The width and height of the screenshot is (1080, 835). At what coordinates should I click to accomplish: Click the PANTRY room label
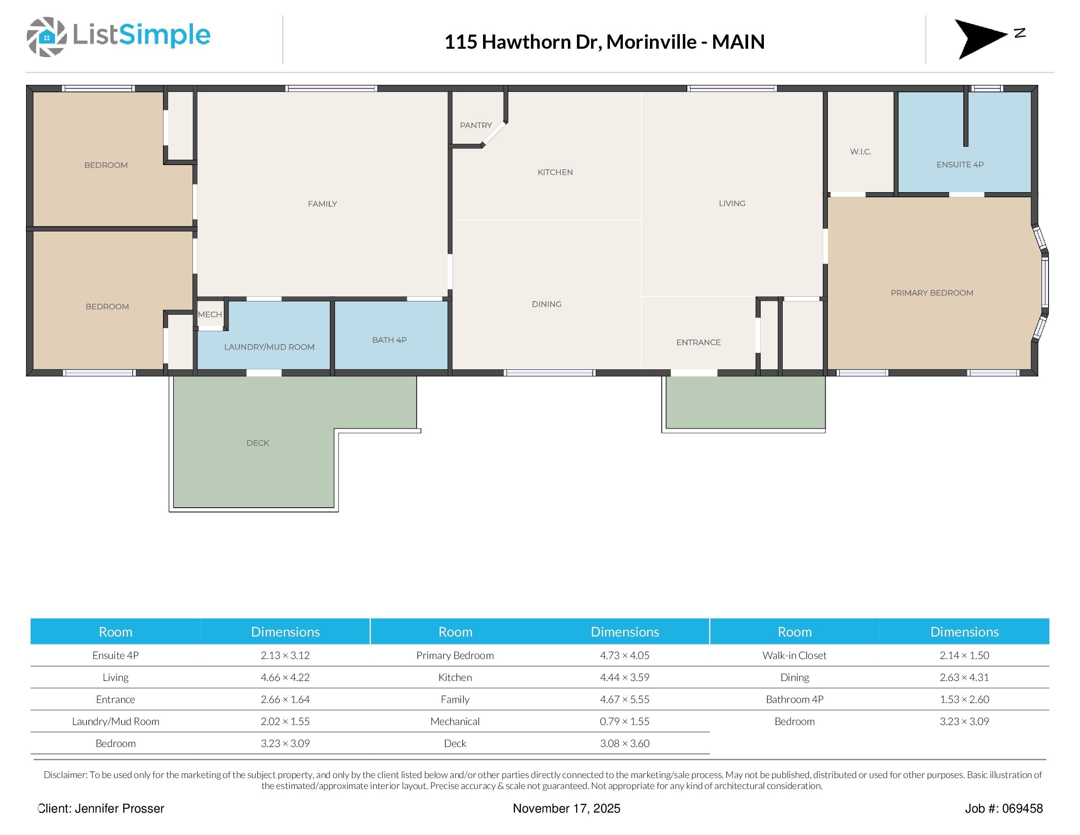point(476,125)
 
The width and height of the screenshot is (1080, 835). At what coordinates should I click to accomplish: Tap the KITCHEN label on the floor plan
point(555,172)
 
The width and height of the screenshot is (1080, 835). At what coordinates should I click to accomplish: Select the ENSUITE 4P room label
point(960,164)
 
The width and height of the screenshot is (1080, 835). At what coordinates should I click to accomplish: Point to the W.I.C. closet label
point(860,151)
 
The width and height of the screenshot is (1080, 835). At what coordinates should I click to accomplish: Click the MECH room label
point(210,314)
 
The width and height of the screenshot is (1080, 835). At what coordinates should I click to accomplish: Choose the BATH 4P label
point(389,340)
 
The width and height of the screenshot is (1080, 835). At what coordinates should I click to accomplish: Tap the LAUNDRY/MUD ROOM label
point(269,347)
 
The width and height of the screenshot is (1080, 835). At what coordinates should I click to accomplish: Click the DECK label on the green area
point(258,443)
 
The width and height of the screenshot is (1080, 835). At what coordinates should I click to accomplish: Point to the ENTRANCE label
point(698,342)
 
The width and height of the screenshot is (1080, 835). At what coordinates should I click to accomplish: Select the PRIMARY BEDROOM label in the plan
point(932,293)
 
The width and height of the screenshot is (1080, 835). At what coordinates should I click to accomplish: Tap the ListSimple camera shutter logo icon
point(46,37)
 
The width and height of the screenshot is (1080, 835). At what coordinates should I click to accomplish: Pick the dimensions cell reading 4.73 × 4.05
point(624,655)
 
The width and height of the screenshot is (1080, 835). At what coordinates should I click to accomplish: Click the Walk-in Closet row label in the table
point(794,655)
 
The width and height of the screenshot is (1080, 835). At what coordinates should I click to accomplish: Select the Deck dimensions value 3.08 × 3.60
point(624,743)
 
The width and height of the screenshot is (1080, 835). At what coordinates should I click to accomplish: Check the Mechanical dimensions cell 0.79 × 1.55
point(624,721)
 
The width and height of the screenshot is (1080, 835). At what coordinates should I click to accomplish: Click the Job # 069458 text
point(1003,808)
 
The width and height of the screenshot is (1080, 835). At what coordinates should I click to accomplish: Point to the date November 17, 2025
point(566,808)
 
